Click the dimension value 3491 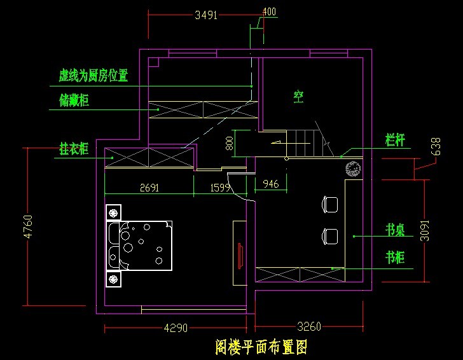206,15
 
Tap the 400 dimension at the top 269,12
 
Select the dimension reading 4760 27,226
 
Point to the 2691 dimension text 149,188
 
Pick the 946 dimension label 270,184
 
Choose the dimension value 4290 176,328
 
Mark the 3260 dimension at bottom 309,327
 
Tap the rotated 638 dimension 436,146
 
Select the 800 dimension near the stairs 230,143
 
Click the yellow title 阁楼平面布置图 261,347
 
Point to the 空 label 298,97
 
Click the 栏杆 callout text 395,139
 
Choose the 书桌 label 395,230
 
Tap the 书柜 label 395,258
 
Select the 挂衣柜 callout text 74,149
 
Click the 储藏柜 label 74,100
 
